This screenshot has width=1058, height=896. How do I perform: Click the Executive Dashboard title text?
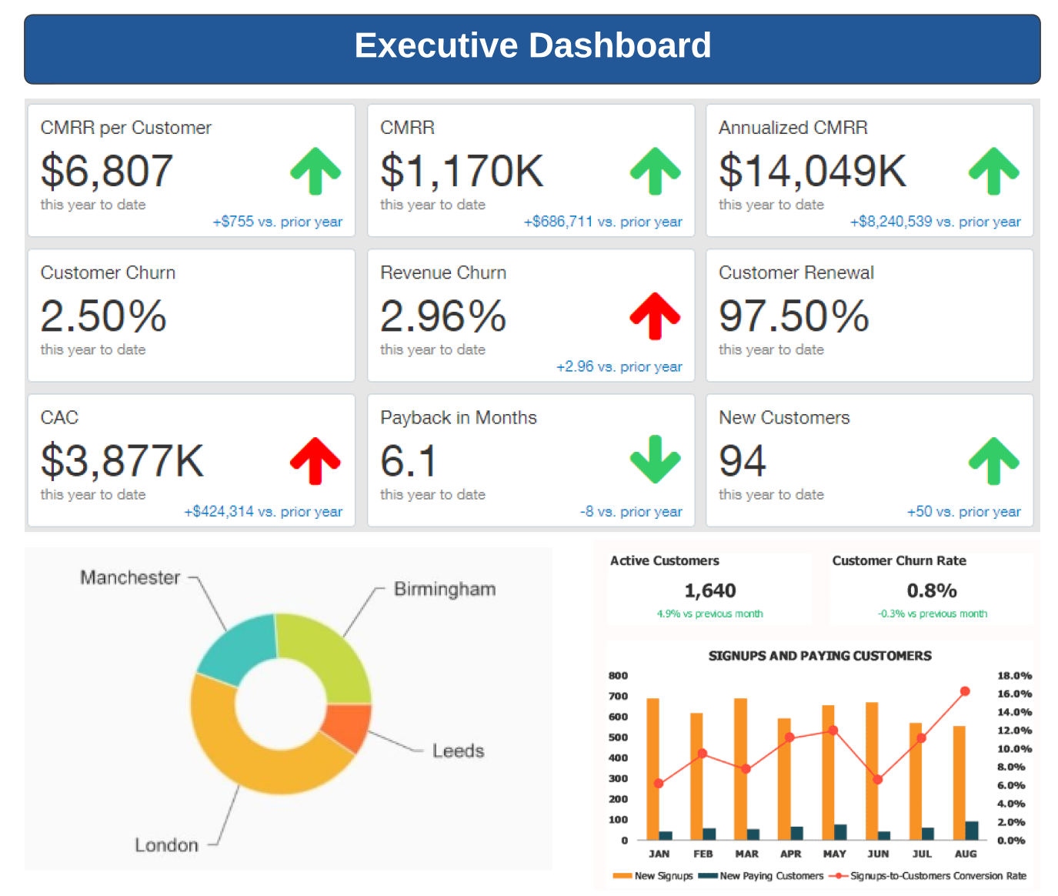coord(532,45)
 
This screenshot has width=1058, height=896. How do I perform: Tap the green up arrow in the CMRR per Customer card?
coord(315,171)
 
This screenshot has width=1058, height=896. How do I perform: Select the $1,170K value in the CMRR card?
coord(462,171)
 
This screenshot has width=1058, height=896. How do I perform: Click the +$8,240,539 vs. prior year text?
coord(935,222)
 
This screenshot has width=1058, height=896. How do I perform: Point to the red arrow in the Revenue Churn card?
coord(655,316)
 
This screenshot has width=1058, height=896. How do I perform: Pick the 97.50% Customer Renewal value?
coord(793,316)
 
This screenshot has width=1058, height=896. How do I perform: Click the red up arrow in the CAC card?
coord(315,460)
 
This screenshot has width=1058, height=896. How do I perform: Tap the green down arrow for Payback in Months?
coord(655,460)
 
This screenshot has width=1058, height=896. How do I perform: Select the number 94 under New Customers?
coord(742,461)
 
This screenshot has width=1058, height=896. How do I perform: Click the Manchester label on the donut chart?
coord(130,577)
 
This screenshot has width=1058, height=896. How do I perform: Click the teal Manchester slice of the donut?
coord(238,648)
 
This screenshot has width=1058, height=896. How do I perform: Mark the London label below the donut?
coord(166,845)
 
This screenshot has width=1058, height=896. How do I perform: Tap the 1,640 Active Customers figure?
coord(709,590)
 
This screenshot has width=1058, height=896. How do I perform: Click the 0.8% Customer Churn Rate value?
coord(931,590)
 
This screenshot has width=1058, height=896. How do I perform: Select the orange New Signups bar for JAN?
coord(652,770)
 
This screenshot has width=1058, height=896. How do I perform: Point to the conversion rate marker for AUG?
coord(965,691)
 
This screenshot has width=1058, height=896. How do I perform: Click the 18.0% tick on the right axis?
coord(1014,676)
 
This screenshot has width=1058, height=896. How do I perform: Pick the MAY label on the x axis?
coord(834,854)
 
